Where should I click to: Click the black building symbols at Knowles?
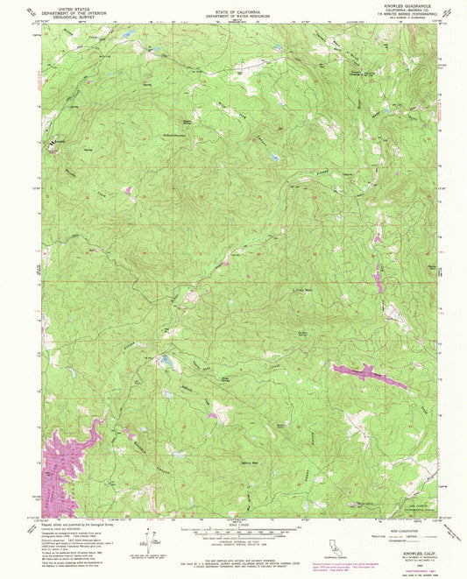tap(60, 140)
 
